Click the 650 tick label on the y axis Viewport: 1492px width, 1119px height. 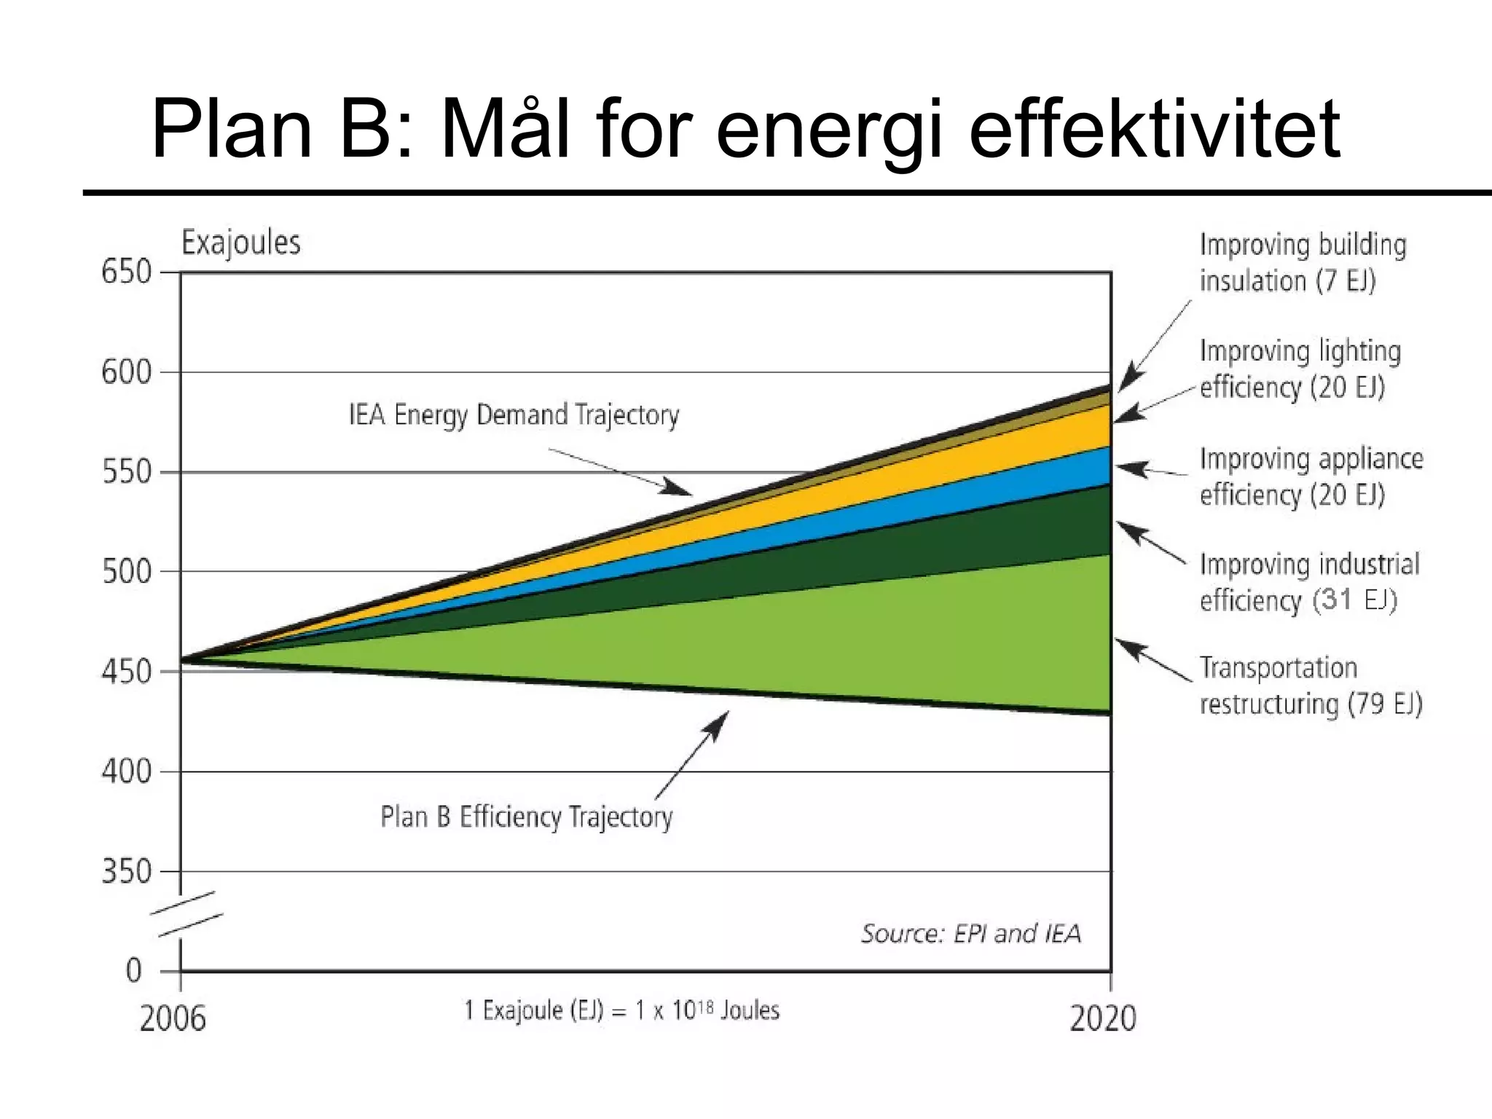(x=126, y=272)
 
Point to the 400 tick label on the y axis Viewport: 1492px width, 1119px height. (x=126, y=771)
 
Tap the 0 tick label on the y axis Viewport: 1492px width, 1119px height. (x=134, y=971)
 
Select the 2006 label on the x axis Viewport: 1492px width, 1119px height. (x=173, y=1018)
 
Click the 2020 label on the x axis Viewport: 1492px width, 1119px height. (x=1102, y=1018)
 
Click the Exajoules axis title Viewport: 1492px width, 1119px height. (x=240, y=243)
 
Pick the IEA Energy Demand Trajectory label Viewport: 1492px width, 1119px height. (x=514, y=415)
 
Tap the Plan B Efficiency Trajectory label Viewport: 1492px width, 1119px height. (x=526, y=817)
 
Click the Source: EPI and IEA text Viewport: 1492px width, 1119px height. (x=970, y=934)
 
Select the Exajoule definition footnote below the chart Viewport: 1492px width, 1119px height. (x=621, y=1010)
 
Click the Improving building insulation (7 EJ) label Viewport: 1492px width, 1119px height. (x=1302, y=263)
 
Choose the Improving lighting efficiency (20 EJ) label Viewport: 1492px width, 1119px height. (x=1300, y=369)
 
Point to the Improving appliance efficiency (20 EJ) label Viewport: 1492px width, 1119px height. (x=1311, y=476)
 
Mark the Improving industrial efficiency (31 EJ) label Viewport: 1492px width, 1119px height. (x=1309, y=582)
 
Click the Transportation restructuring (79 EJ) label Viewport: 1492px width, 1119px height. (x=1311, y=686)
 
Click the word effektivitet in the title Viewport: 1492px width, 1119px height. (x=1154, y=130)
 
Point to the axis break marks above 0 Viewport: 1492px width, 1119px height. (x=187, y=914)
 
